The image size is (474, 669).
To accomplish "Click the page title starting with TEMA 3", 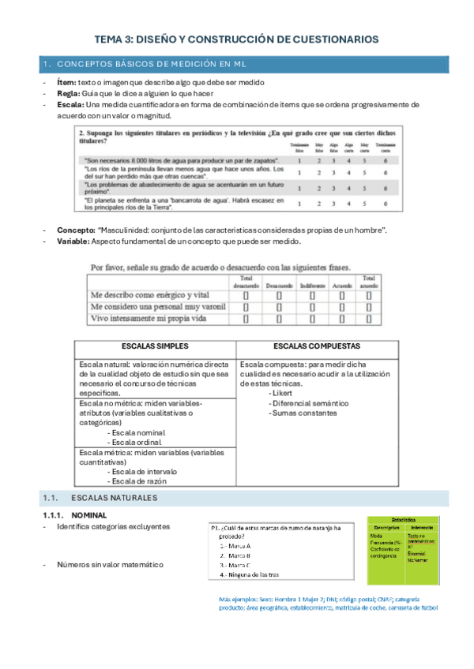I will (x=236, y=38).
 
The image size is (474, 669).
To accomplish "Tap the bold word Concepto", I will (x=74, y=230).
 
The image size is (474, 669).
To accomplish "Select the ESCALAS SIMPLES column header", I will (x=156, y=346).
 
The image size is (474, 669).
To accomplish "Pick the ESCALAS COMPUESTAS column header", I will (x=317, y=346).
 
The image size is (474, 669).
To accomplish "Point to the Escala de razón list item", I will (x=139, y=480).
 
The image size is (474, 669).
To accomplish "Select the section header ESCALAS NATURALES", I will (x=114, y=498).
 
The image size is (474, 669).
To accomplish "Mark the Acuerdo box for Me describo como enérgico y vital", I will (x=342, y=295).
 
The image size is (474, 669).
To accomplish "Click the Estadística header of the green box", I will (x=403, y=521).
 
